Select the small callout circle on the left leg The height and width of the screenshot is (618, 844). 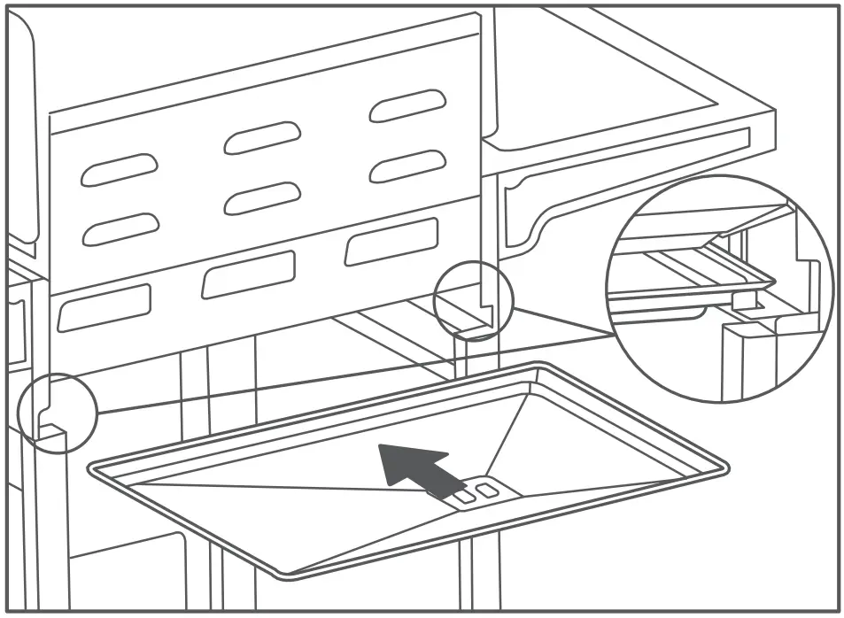click(x=56, y=413)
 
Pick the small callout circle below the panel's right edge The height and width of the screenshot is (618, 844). click(x=474, y=301)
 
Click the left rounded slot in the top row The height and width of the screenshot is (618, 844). click(x=120, y=169)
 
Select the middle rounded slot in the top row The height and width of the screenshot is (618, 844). click(x=262, y=137)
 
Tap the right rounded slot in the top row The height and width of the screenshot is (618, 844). click(x=407, y=105)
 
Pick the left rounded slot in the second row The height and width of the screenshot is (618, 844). click(x=120, y=229)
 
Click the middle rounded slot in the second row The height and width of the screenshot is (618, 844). click(x=262, y=197)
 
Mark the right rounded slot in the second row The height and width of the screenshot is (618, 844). click(x=407, y=166)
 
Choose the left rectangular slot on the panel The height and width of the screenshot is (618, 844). click(x=104, y=307)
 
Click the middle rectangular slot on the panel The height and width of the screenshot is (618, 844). click(x=248, y=274)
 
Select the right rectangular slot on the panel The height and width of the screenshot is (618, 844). click(x=391, y=242)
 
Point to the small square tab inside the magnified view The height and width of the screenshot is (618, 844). click(x=742, y=299)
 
